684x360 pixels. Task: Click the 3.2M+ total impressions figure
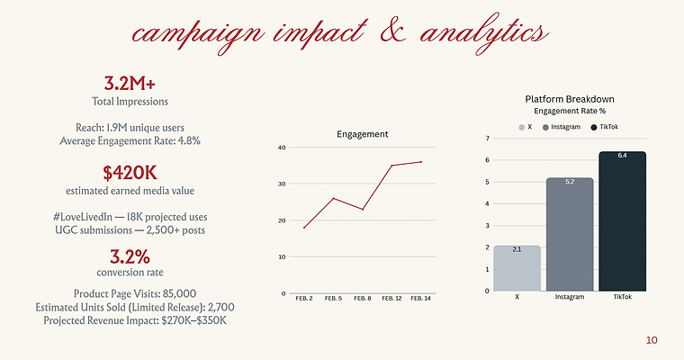[130, 83]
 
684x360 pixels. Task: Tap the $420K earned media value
[130, 173]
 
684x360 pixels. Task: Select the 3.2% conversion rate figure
[130, 256]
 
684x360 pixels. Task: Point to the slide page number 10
[652, 340]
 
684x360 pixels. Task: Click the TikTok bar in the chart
[623, 221]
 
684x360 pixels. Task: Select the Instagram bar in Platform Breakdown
[570, 234]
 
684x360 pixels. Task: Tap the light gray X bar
[517, 268]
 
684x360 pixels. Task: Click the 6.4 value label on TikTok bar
[623, 156]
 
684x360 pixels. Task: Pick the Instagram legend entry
[562, 127]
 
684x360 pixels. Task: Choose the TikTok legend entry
[605, 127]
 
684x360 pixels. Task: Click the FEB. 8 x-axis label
[363, 299]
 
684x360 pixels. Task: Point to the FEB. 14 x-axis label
[421, 299]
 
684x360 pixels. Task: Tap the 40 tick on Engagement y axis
[282, 148]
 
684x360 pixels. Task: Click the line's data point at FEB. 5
[334, 198]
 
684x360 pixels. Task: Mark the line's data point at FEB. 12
[392, 166]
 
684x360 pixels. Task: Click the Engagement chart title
[363, 134]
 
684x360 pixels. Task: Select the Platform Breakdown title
[570, 100]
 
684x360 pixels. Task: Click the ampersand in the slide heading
[393, 32]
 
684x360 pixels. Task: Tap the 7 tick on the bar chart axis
[488, 139]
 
